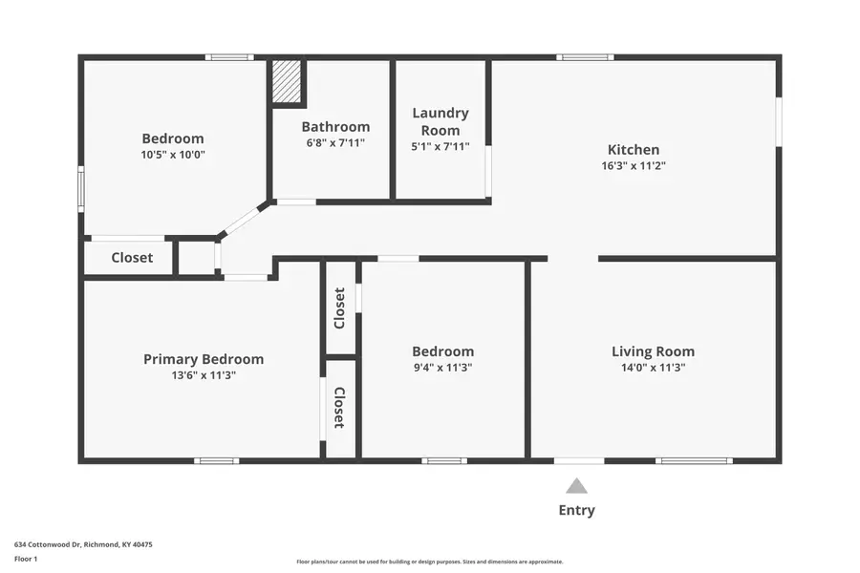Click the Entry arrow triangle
[576, 486]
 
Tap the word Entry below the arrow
[576, 510]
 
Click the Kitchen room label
[634, 149]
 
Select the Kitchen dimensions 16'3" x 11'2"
[634, 165]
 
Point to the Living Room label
[653, 351]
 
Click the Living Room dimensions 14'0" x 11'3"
[653, 367]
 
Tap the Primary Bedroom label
[204, 359]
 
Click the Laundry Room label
[441, 121]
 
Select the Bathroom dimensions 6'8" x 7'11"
[335, 142]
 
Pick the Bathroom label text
[335, 126]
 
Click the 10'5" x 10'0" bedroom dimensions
[173, 154]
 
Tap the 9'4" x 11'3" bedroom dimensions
[442, 367]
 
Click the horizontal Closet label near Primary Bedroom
[132, 258]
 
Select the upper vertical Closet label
[340, 308]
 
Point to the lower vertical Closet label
[340, 408]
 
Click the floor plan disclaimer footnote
[429, 562]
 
